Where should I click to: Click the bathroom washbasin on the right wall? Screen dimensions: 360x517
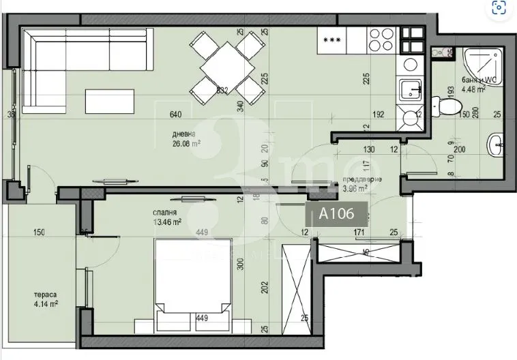[496, 144]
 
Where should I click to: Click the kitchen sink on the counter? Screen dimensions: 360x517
[410, 89]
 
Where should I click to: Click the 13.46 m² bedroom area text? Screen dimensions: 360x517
[166, 222]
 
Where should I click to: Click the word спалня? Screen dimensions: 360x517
[166, 212]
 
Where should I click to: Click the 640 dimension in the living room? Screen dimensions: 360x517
[176, 114]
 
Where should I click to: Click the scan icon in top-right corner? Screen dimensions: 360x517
[499, 8]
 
